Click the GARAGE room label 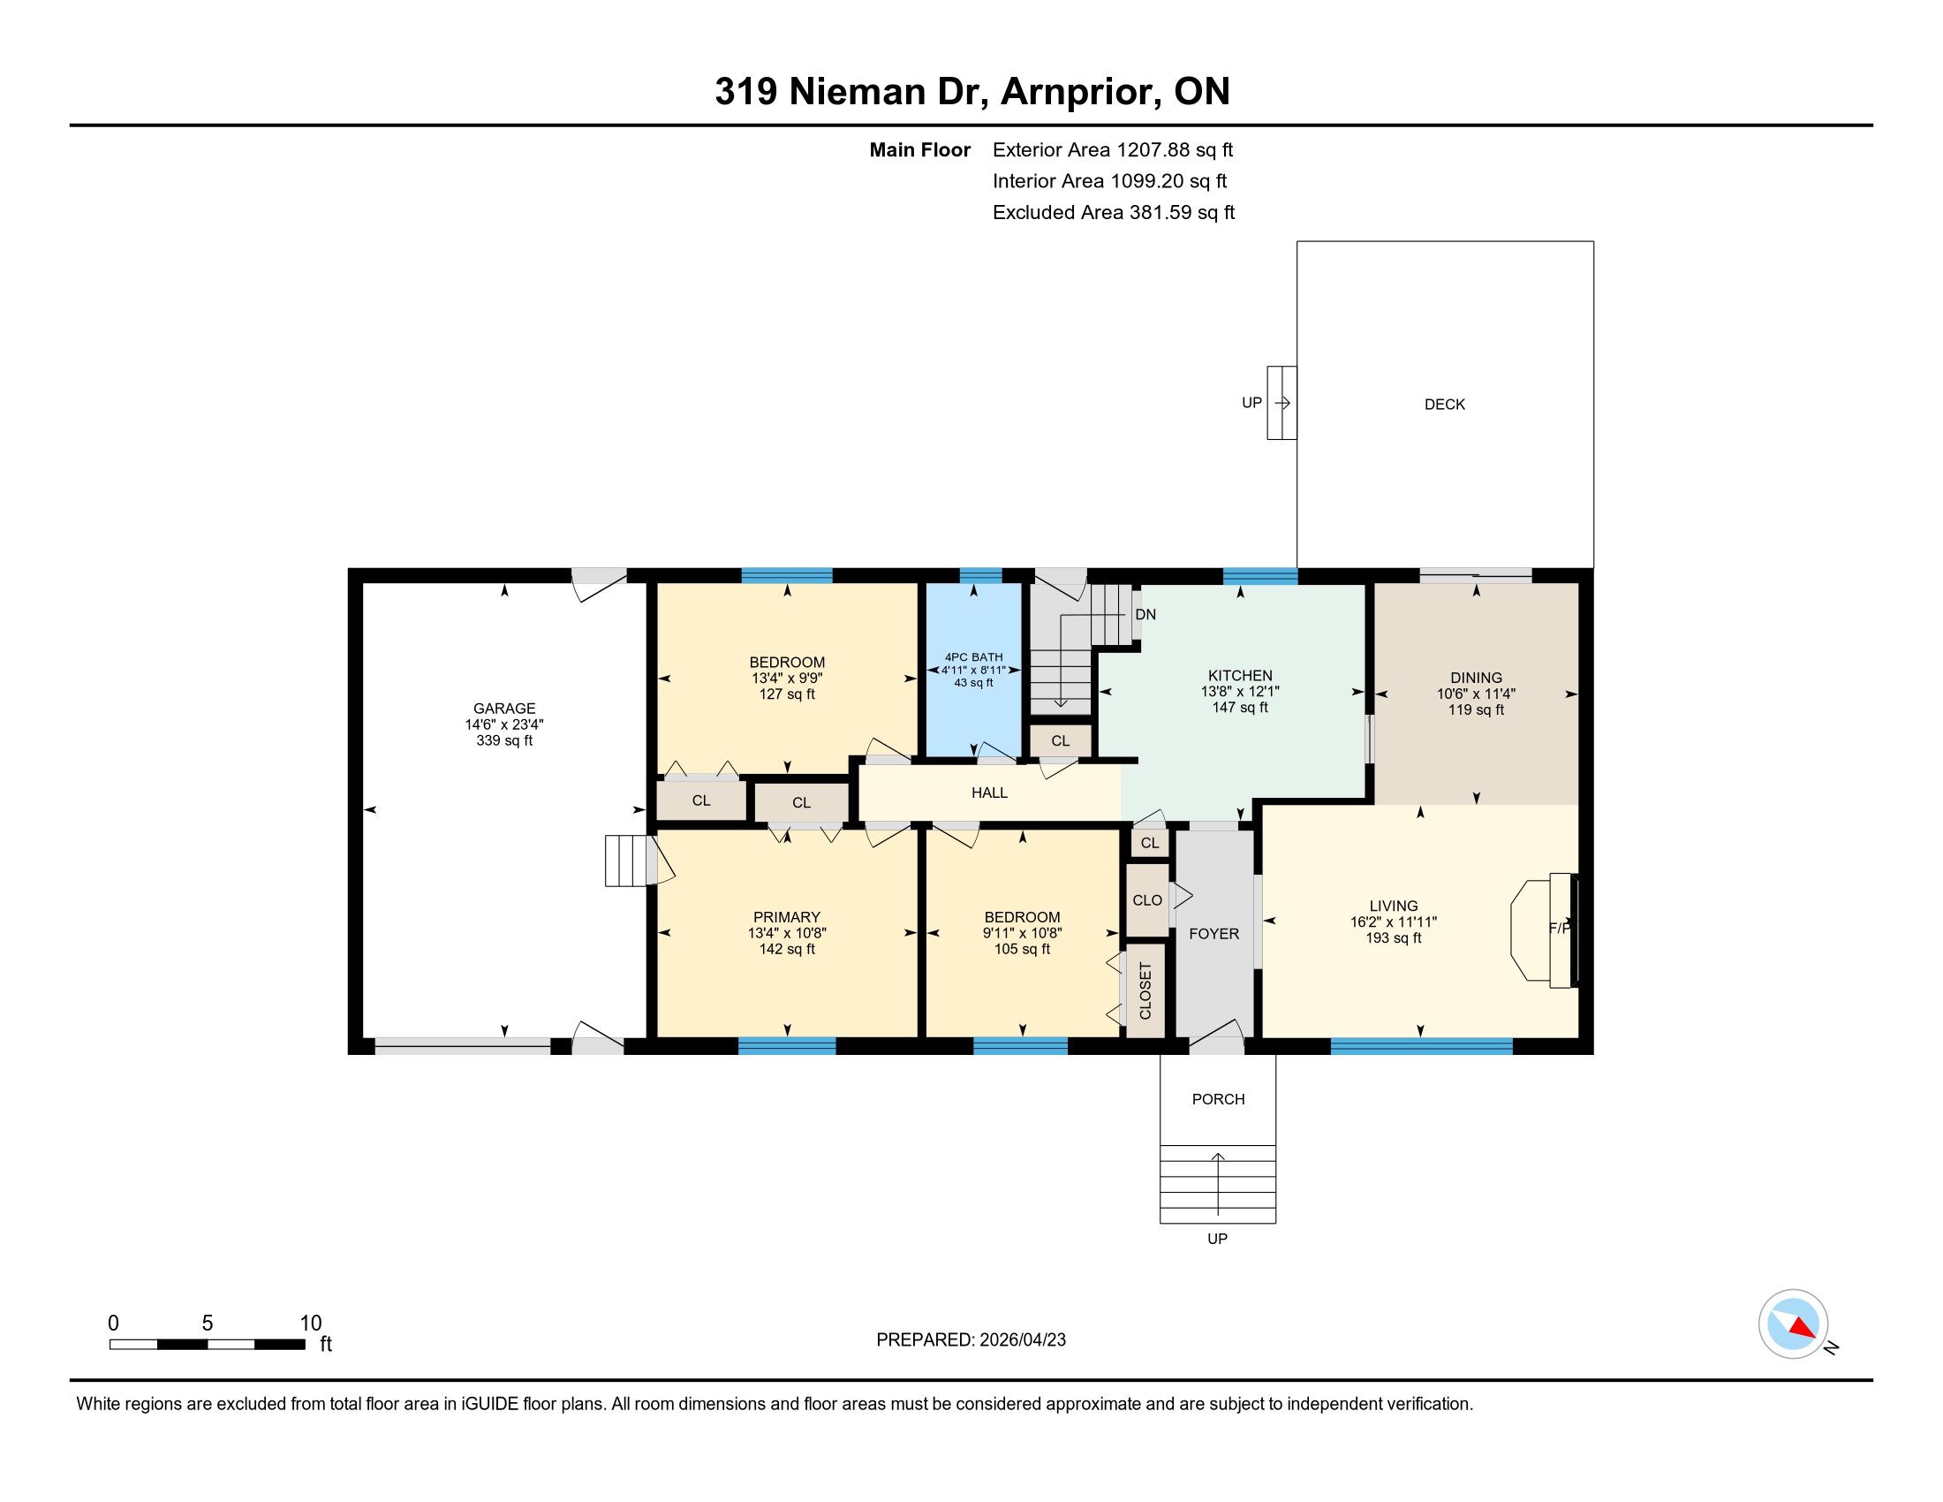504,709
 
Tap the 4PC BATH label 973,656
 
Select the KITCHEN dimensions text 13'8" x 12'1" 1240,692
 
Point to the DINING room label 1476,678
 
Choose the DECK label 1445,405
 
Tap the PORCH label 1218,1100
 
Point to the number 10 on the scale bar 311,1324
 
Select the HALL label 989,793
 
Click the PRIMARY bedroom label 786,917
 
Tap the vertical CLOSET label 1145,991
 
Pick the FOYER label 1214,933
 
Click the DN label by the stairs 1145,615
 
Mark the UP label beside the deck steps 1251,403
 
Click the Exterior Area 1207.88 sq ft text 1113,149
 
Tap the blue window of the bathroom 980,575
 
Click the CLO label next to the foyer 1146,900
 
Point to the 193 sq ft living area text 1393,937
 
